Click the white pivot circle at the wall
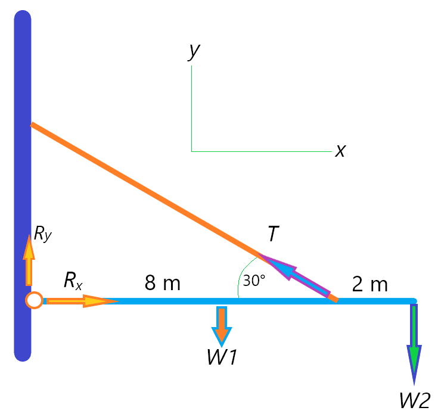(x=34, y=300)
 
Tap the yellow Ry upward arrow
(x=29, y=260)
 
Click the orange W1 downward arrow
(x=222, y=326)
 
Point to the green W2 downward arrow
(x=414, y=344)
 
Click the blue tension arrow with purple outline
(x=294, y=275)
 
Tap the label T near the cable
(x=274, y=234)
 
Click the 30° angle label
(x=254, y=281)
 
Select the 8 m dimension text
(x=162, y=283)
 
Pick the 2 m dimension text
(x=370, y=284)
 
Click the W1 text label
(x=222, y=357)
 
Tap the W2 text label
(x=415, y=400)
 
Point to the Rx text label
(x=73, y=281)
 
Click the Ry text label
(x=43, y=234)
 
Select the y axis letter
(x=194, y=52)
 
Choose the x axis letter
(x=341, y=151)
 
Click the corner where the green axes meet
(x=191, y=151)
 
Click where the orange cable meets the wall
(x=32, y=125)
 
